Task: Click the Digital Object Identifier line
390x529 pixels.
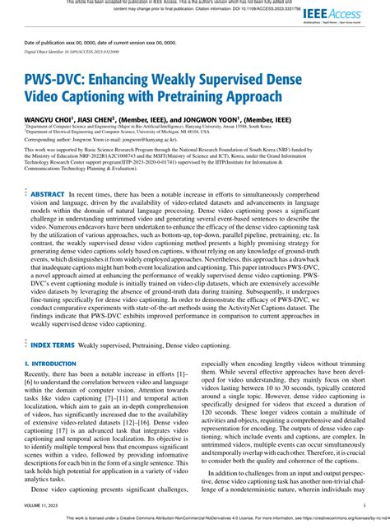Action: tap(72, 50)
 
